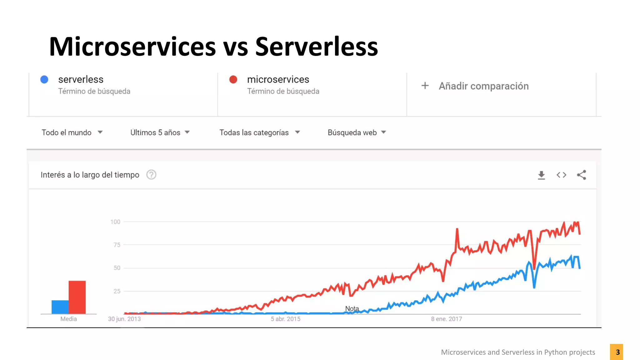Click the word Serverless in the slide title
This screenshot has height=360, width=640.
click(x=316, y=47)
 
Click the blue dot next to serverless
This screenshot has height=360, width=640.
click(x=44, y=79)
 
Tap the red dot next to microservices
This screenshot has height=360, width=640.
click(x=233, y=79)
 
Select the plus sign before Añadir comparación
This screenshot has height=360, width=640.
click(x=425, y=86)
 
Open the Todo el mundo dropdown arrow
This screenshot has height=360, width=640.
click(x=100, y=132)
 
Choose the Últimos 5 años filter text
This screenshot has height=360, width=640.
click(x=155, y=132)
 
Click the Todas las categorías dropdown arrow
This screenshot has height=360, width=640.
click(x=297, y=132)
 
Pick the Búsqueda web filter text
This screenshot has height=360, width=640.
click(x=352, y=132)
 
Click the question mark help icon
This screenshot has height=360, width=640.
click(x=151, y=175)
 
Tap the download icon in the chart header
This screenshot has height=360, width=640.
click(x=541, y=175)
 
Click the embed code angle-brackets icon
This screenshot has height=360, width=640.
click(x=561, y=175)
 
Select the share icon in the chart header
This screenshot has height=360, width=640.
click(x=581, y=175)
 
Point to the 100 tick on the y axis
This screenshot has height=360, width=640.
click(x=115, y=222)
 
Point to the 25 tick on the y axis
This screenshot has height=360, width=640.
click(x=117, y=291)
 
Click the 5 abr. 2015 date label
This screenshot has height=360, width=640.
click(x=285, y=319)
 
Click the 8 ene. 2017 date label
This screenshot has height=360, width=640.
click(x=446, y=319)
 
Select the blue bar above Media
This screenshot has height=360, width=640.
click(x=60, y=307)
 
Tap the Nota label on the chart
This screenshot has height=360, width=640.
click(x=352, y=309)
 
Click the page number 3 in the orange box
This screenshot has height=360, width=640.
click(x=617, y=352)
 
